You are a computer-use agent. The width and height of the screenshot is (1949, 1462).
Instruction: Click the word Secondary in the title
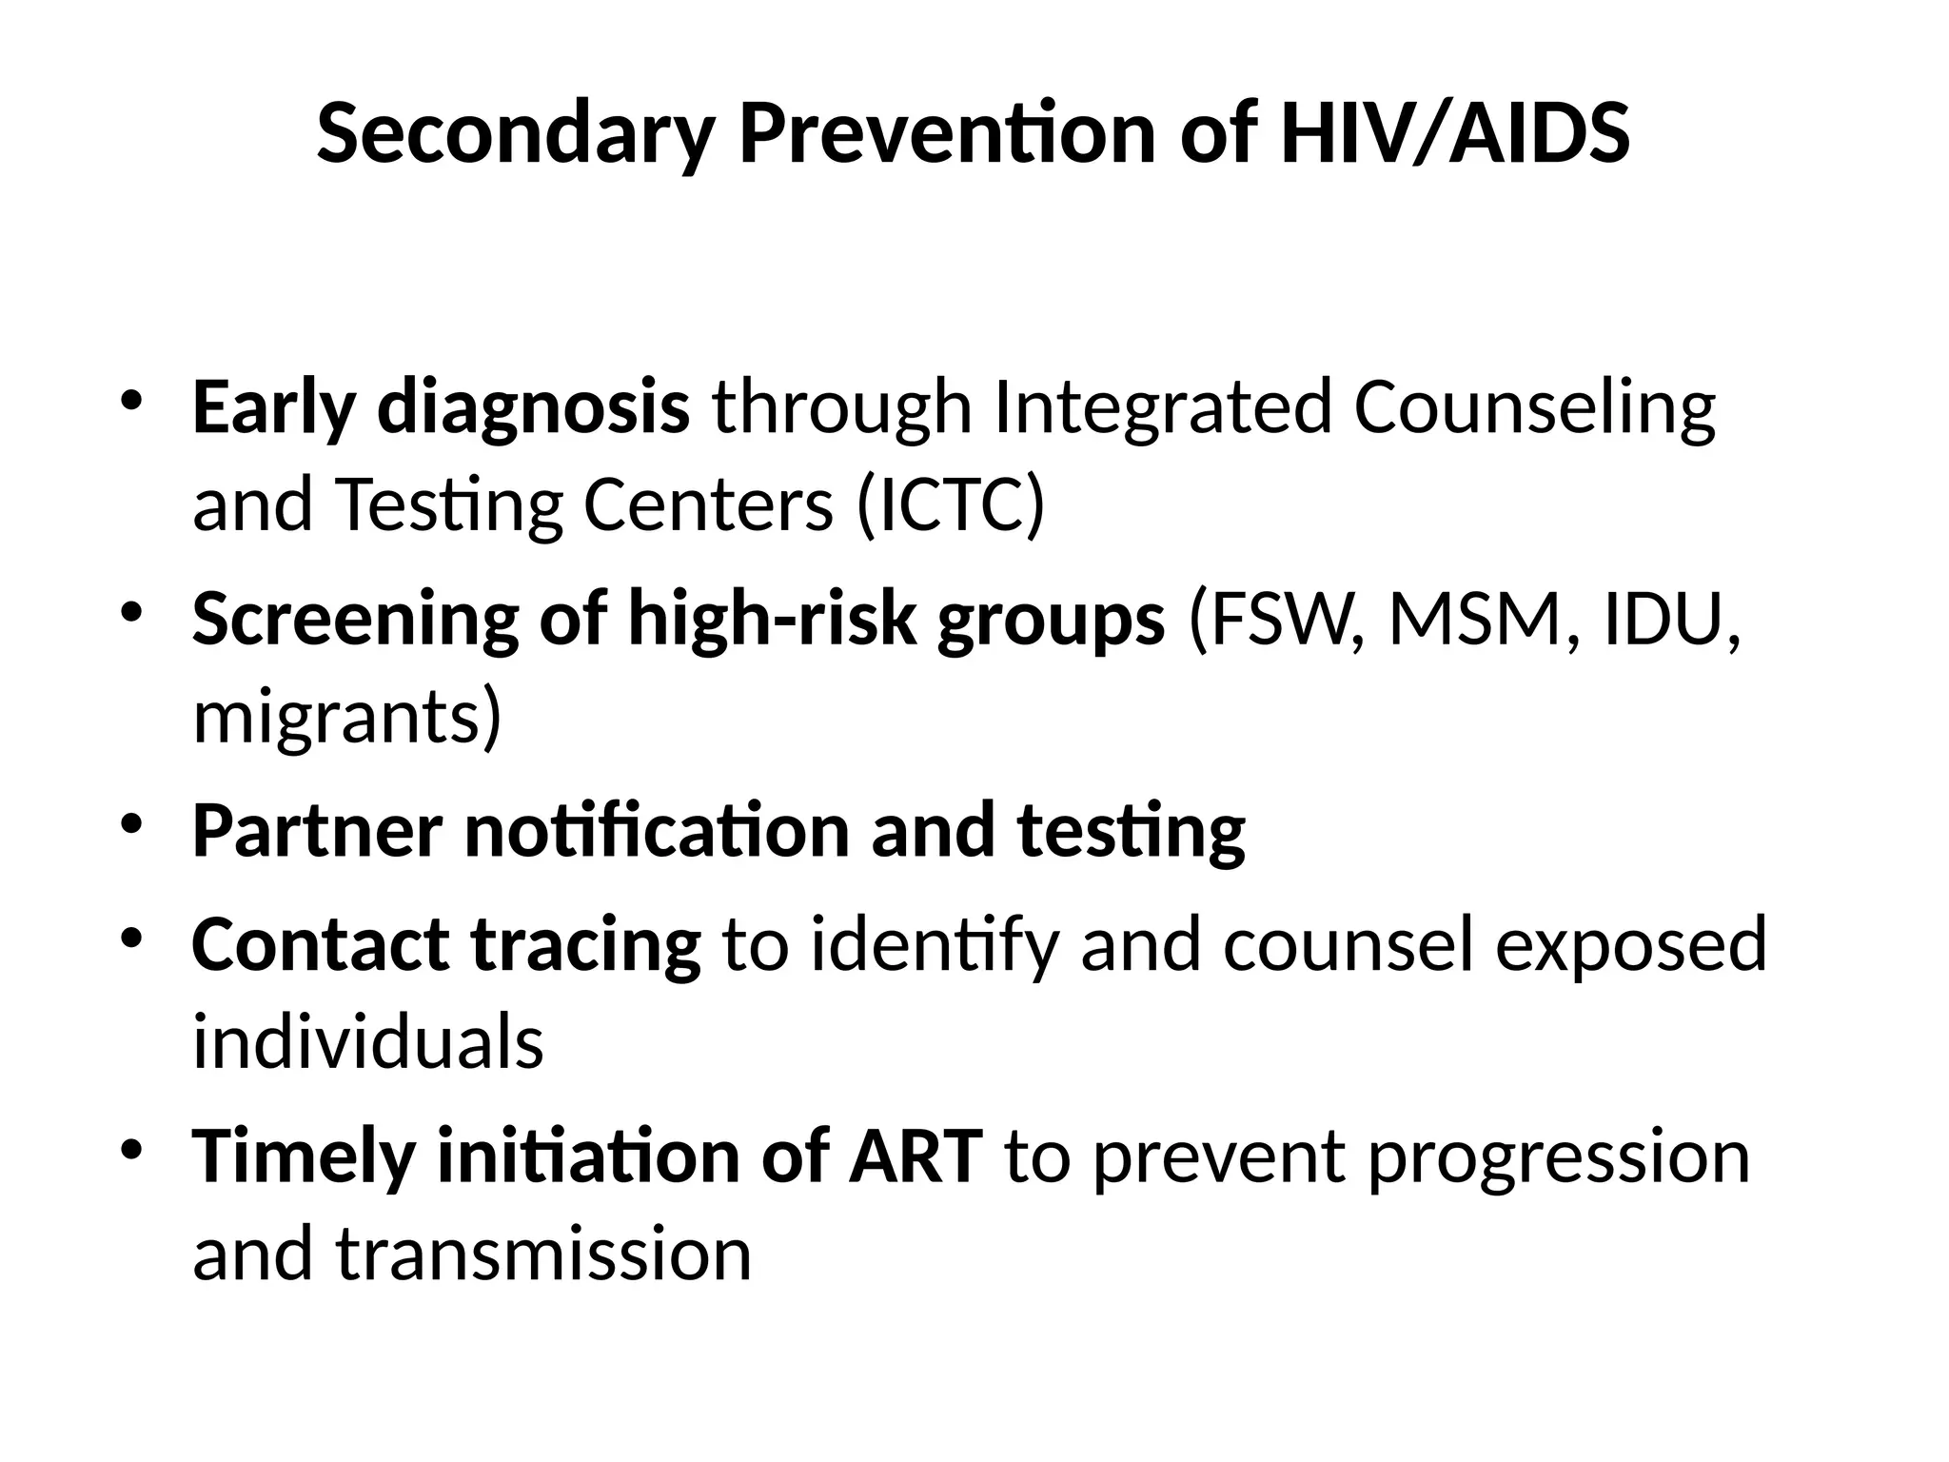[x=515, y=134]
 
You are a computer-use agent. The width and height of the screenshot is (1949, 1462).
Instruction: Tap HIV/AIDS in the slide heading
[x=1455, y=134]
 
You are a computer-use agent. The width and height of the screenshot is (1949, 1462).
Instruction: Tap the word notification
[x=657, y=830]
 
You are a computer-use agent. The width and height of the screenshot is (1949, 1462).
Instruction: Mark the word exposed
[x=1630, y=945]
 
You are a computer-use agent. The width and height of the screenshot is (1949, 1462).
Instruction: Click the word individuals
[x=367, y=1042]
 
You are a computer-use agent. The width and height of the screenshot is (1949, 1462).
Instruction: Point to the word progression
[x=1559, y=1156]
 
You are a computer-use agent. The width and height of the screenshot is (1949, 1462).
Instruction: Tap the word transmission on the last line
[x=543, y=1254]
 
